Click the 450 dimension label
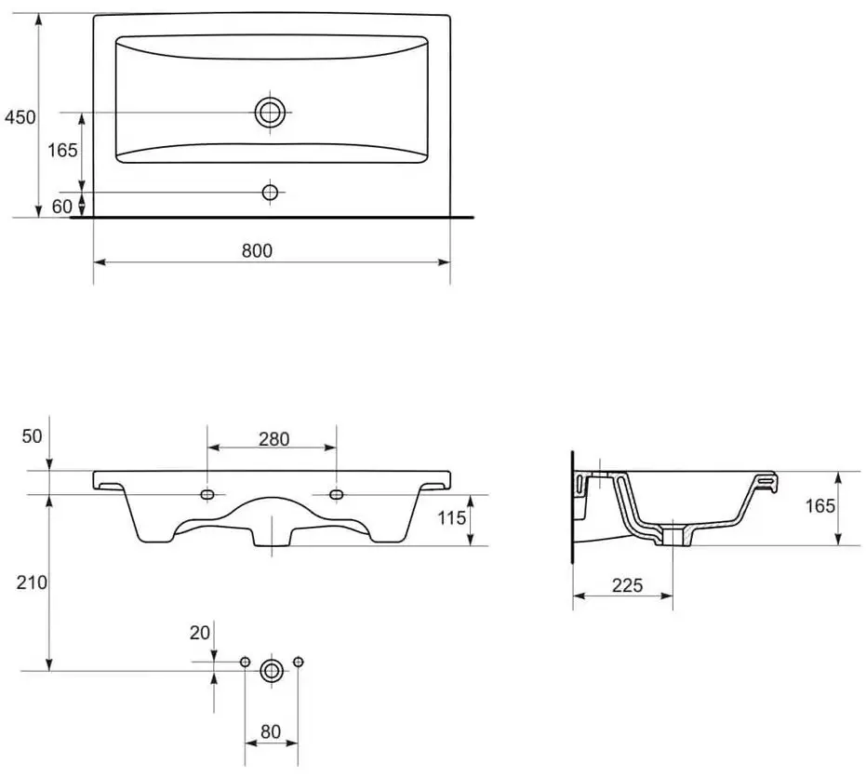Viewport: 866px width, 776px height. [x=20, y=117]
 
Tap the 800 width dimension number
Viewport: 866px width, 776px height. [x=257, y=250]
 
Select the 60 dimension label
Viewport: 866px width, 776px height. [x=61, y=207]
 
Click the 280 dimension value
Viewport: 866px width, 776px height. [x=273, y=439]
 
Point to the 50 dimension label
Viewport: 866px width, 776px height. [x=32, y=436]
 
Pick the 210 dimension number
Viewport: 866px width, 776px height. [x=32, y=582]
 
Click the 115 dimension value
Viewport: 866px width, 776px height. [x=452, y=518]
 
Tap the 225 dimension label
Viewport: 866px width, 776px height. [x=627, y=585]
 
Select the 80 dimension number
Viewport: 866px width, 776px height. [x=271, y=732]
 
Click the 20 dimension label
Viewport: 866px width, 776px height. [x=200, y=633]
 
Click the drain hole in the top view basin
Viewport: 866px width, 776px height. [x=270, y=113]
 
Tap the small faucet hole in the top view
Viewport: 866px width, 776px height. [x=270, y=193]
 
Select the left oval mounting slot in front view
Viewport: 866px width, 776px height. [x=207, y=494]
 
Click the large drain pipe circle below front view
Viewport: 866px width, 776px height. [x=272, y=671]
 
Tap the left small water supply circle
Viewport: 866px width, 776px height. [x=246, y=662]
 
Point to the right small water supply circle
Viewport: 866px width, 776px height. [x=299, y=662]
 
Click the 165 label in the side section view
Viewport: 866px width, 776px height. [x=820, y=506]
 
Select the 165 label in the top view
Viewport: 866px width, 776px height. [x=62, y=150]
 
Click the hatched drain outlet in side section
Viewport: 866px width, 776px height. [x=673, y=537]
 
